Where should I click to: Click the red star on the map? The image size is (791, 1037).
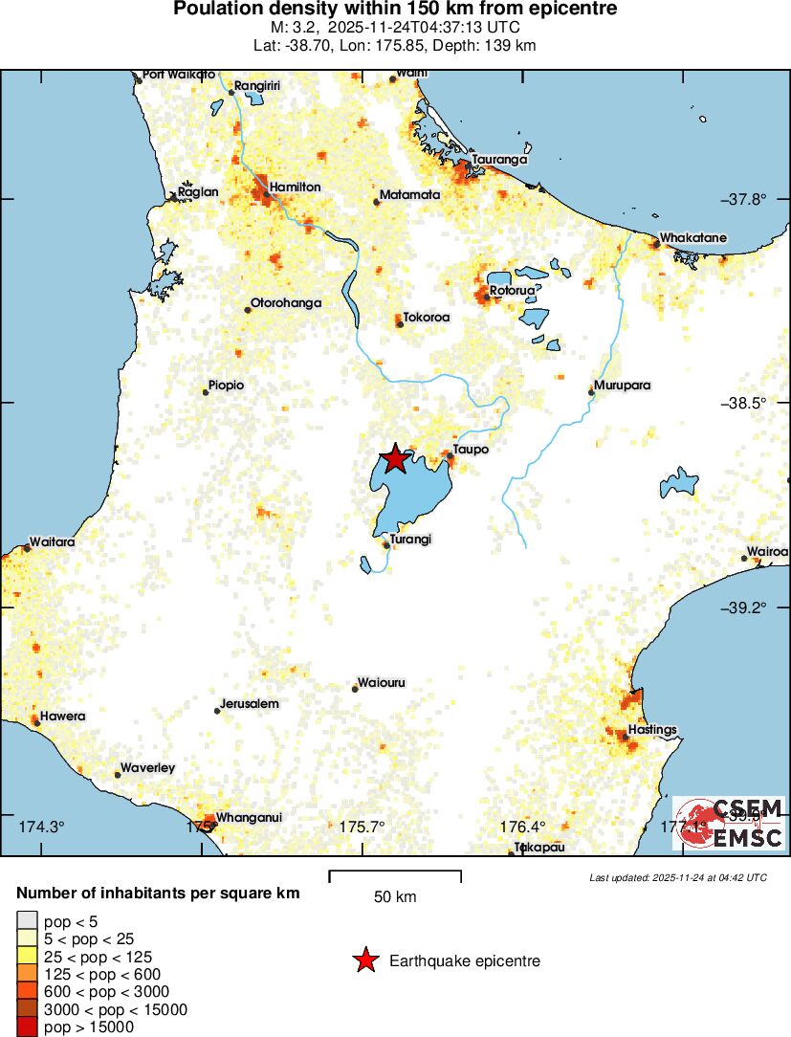click(394, 458)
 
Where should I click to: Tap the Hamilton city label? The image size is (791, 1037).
click(295, 187)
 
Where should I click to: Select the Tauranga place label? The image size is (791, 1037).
click(499, 160)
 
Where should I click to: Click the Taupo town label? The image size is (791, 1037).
click(472, 449)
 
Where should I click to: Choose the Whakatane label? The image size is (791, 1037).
click(693, 237)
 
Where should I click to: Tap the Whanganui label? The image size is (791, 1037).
click(249, 817)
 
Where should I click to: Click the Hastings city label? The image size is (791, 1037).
click(653, 730)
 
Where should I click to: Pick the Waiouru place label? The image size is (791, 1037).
click(382, 683)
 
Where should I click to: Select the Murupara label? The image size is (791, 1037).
click(623, 386)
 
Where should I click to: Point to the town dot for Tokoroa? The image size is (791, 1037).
click(401, 324)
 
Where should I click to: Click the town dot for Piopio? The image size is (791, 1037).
click(206, 392)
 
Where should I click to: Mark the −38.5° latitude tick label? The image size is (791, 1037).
click(744, 403)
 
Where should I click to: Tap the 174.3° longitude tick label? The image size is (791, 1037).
click(41, 827)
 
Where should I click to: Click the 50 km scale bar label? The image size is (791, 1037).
click(395, 897)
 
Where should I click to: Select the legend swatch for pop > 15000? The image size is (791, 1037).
click(26, 1027)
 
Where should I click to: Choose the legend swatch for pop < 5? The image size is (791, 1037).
click(26, 922)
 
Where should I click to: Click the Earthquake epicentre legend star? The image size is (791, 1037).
click(365, 960)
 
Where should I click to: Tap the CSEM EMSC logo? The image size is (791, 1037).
click(730, 824)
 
